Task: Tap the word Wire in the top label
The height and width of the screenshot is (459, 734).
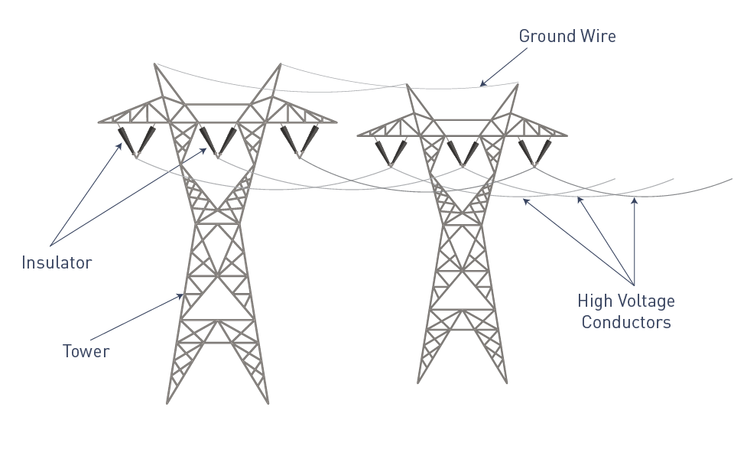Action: pyautogui.click(x=598, y=36)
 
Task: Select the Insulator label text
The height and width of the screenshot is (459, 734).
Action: pyautogui.click(x=57, y=262)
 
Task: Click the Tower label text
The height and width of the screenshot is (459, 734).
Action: pyautogui.click(x=86, y=351)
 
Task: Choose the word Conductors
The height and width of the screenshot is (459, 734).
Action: pyautogui.click(x=626, y=322)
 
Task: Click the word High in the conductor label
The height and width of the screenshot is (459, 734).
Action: pyautogui.click(x=596, y=301)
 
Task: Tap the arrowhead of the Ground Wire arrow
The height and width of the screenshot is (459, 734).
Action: pyautogui.click(x=482, y=84)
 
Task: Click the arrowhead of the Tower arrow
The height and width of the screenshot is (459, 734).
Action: pyautogui.click(x=180, y=296)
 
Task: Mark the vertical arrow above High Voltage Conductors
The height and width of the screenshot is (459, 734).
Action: pyautogui.click(x=635, y=241)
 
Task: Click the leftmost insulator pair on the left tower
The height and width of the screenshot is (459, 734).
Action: pyautogui.click(x=136, y=141)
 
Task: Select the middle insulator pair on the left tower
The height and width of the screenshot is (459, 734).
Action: pyautogui.click(x=218, y=141)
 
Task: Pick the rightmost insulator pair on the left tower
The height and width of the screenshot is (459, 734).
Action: pyautogui.click(x=300, y=141)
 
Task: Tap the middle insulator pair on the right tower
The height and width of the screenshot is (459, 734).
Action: pyautogui.click(x=463, y=153)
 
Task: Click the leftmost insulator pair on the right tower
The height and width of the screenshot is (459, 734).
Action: pyautogui.click(x=391, y=153)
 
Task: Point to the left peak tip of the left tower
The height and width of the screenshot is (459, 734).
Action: pyautogui.click(x=155, y=64)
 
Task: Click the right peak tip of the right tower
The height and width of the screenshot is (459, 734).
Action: pyautogui.click(x=518, y=85)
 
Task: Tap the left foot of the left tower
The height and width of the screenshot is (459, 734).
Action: pyautogui.click(x=167, y=402)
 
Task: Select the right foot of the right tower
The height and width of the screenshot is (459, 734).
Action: pyautogui.click(x=506, y=382)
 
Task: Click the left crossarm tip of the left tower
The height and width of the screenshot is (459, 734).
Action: pyautogui.click(x=99, y=122)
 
